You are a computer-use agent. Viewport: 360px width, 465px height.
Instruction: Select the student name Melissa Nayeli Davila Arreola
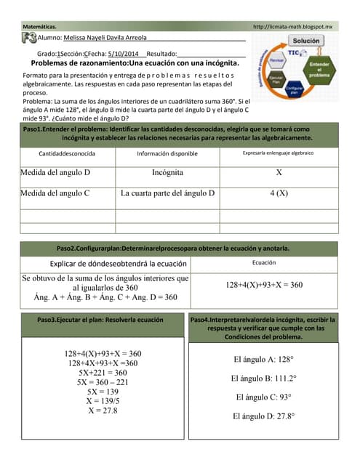[105, 38]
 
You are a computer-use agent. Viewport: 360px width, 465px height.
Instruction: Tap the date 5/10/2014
[122, 54]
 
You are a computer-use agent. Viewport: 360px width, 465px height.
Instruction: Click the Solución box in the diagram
[305, 41]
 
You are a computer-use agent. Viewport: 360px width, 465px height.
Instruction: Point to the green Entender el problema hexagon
[319, 70]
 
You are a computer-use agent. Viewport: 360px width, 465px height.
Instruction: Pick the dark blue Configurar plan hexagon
[294, 91]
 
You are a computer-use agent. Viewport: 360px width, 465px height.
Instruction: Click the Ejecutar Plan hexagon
[276, 78]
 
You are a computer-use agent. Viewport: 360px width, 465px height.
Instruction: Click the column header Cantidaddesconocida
[67, 154]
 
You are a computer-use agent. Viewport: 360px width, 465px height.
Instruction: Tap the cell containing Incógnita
[167, 174]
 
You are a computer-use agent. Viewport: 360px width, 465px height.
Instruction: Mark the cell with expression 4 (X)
[279, 193]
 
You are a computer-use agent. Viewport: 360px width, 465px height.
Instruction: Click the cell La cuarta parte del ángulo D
[168, 193]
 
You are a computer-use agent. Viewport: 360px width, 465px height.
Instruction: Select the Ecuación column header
[263, 263]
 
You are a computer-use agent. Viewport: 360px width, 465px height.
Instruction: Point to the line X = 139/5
[103, 400]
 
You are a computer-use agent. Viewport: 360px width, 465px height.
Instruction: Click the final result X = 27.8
[103, 410]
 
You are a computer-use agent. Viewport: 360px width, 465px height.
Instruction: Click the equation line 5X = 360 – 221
[103, 381]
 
